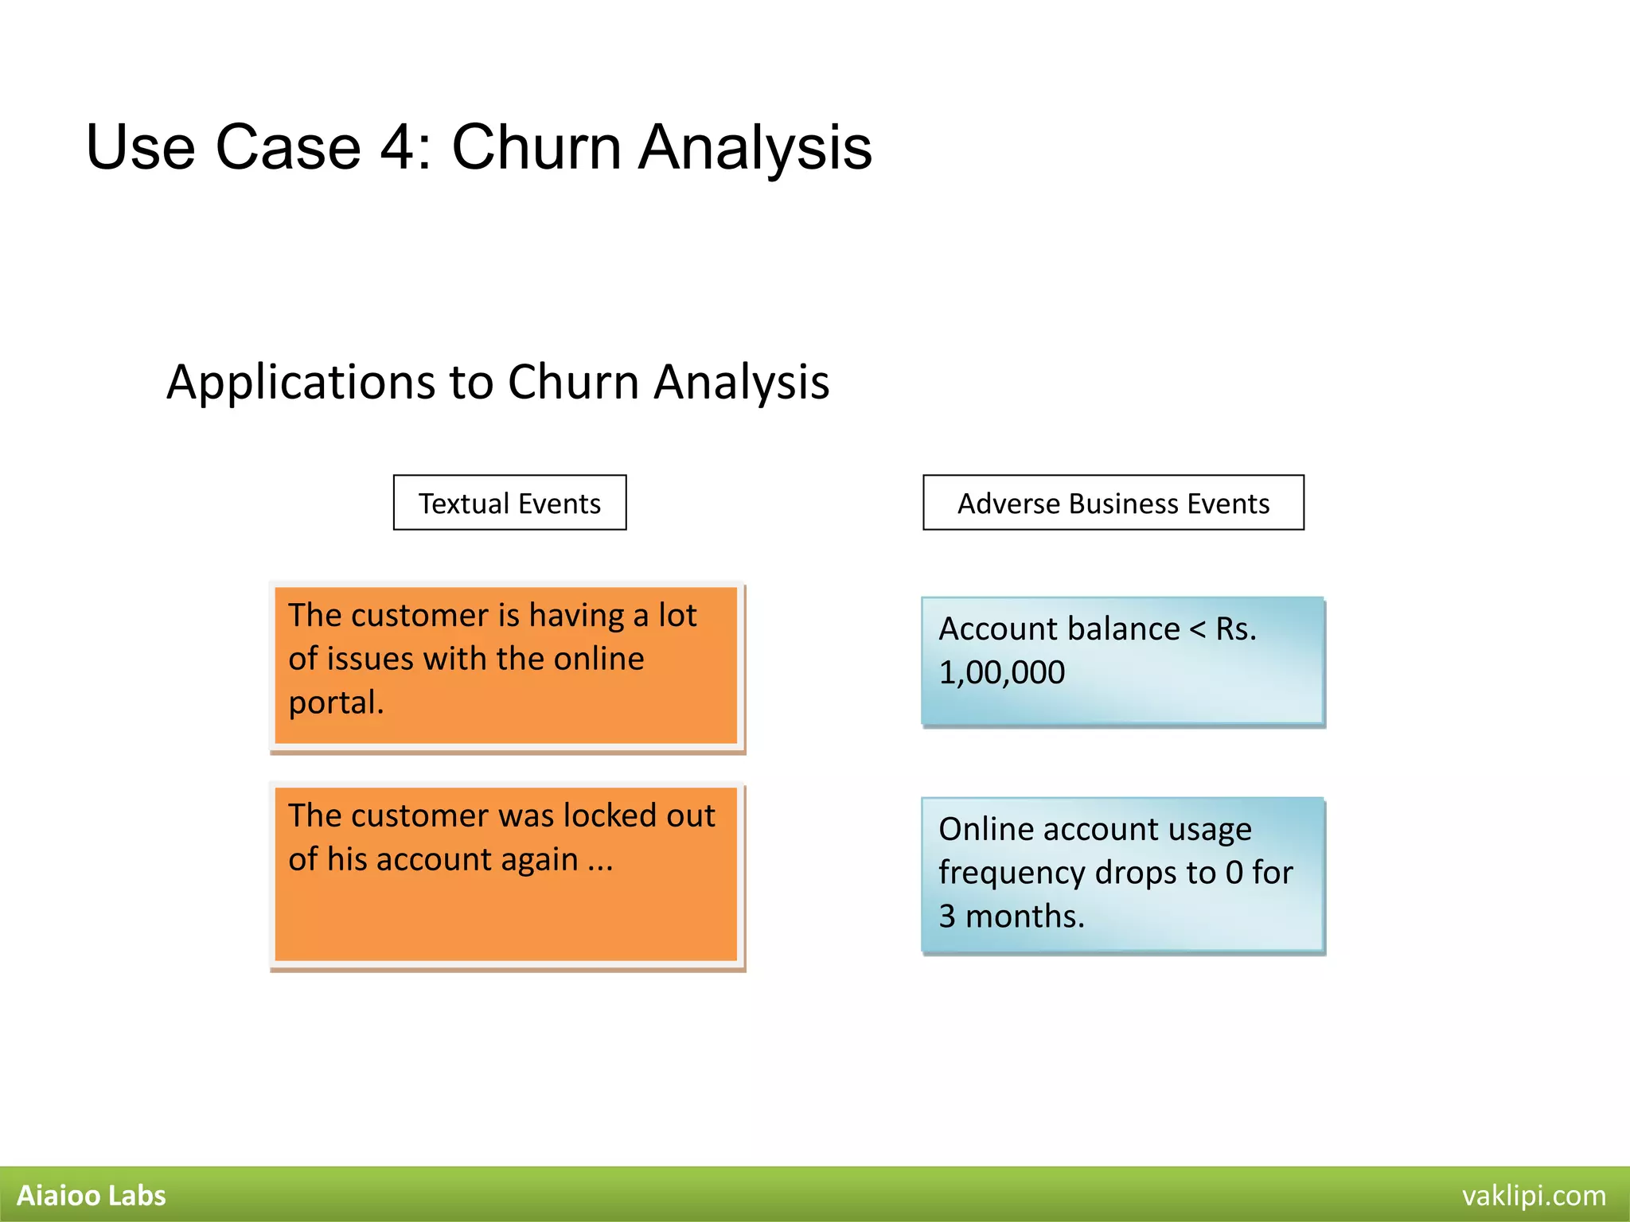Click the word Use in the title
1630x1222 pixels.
tap(140, 148)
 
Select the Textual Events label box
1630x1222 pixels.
tap(509, 504)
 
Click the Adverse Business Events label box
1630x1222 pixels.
tap(1113, 504)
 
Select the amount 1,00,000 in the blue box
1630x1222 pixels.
tap(1001, 673)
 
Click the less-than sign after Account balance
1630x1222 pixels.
tap(1197, 629)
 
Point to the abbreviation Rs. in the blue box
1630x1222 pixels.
tap(1236, 629)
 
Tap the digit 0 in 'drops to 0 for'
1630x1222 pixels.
tap(1234, 874)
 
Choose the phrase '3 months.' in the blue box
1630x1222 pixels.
tap(1011, 916)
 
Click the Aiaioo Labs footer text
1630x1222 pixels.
tap(92, 1196)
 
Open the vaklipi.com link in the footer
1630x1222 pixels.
tap(1534, 1196)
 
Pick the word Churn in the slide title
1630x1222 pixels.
tap(536, 148)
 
